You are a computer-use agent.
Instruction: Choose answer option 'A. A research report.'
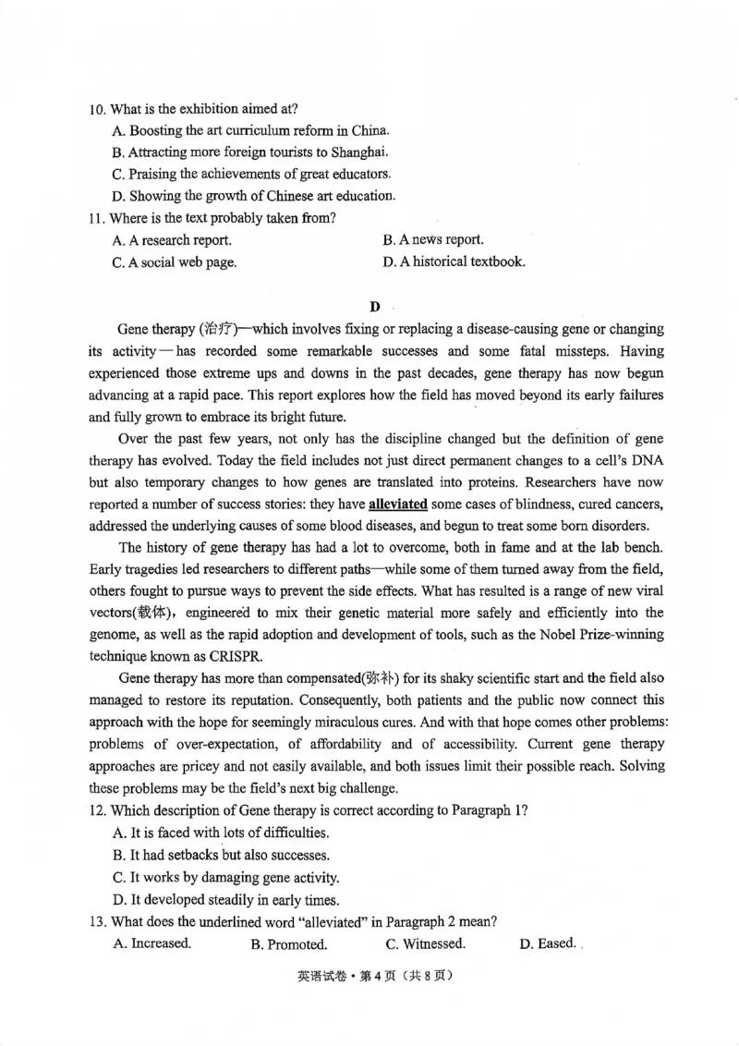point(172,240)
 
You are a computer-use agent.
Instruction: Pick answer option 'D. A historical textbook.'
point(454,261)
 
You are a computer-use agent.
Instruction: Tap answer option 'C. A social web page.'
point(174,262)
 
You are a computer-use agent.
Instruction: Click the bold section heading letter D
point(374,306)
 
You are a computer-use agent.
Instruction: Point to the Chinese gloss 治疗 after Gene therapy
point(218,330)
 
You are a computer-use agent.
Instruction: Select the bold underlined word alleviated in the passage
point(398,505)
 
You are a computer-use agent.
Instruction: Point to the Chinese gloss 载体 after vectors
point(151,614)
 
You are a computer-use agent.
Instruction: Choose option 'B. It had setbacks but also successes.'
point(221,856)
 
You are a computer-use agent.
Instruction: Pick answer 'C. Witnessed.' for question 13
point(425,943)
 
